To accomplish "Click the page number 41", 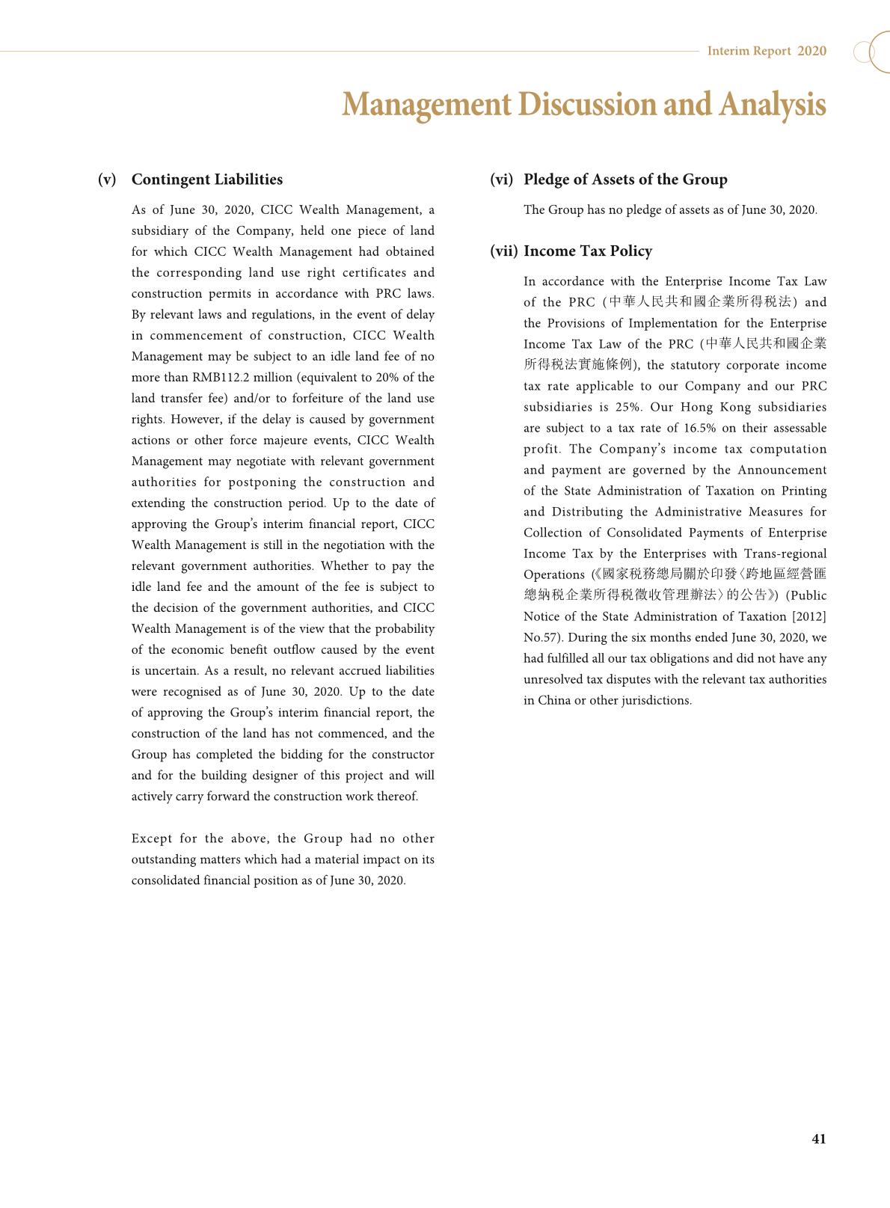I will coord(818,1138).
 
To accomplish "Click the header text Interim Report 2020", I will coord(767,51).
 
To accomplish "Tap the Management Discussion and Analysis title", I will coord(583,104).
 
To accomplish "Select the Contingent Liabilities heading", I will coord(207,180).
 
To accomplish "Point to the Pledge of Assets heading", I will coord(625,180).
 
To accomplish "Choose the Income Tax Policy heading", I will coord(588,251).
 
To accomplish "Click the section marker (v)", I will coord(107,180).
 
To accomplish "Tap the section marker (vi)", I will coord(502,180).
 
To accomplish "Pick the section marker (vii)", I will coord(504,251).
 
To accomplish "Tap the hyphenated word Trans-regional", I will coord(785,554).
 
